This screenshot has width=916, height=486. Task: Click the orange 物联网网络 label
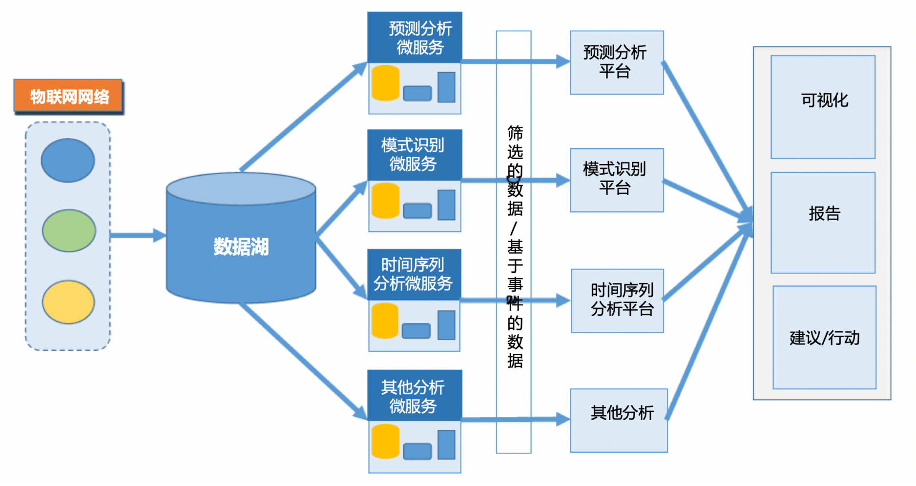click(68, 96)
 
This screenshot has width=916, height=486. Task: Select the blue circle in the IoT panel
click(68, 160)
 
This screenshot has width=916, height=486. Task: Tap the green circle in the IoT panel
click(69, 230)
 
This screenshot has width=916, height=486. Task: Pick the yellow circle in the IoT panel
click(68, 302)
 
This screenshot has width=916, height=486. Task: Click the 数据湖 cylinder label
click(241, 247)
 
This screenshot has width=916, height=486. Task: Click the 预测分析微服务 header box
click(415, 38)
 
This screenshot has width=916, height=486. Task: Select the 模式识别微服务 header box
click(415, 155)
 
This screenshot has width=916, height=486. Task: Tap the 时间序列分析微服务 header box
click(414, 274)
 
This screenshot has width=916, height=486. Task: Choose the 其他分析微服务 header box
click(414, 395)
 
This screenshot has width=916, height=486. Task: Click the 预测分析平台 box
click(616, 62)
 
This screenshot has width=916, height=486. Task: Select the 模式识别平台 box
click(616, 180)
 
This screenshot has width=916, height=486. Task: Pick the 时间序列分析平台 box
click(617, 301)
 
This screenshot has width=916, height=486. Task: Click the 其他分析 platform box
click(618, 420)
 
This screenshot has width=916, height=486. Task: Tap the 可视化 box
click(823, 107)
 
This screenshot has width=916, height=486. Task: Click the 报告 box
click(823, 223)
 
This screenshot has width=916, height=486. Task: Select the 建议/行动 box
click(824, 338)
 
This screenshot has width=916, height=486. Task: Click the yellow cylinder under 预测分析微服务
click(385, 83)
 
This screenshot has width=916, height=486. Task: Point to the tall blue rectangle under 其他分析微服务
click(446, 445)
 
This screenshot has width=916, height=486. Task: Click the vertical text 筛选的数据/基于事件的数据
click(514, 246)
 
